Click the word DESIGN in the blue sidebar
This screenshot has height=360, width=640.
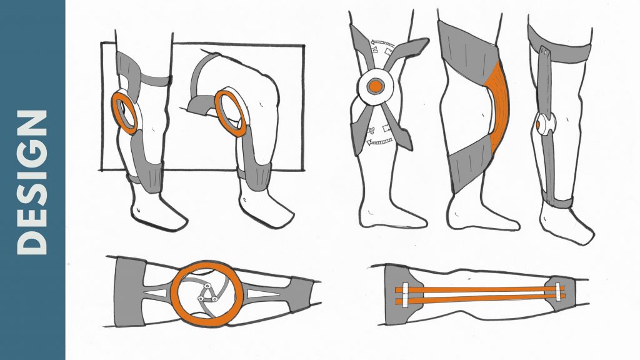pyautogui.click(x=32, y=182)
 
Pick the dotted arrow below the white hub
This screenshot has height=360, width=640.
pyautogui.click(x=379, y=141)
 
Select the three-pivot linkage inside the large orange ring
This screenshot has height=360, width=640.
pyautogui.click(x=207, y=294)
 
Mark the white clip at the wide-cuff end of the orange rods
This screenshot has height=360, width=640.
pyautogui.click(x=405, y=294)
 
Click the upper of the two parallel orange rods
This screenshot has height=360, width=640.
pyautogui.click(x=480, y=289)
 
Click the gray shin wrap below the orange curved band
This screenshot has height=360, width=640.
pyautogui.click(x=470, y=163)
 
